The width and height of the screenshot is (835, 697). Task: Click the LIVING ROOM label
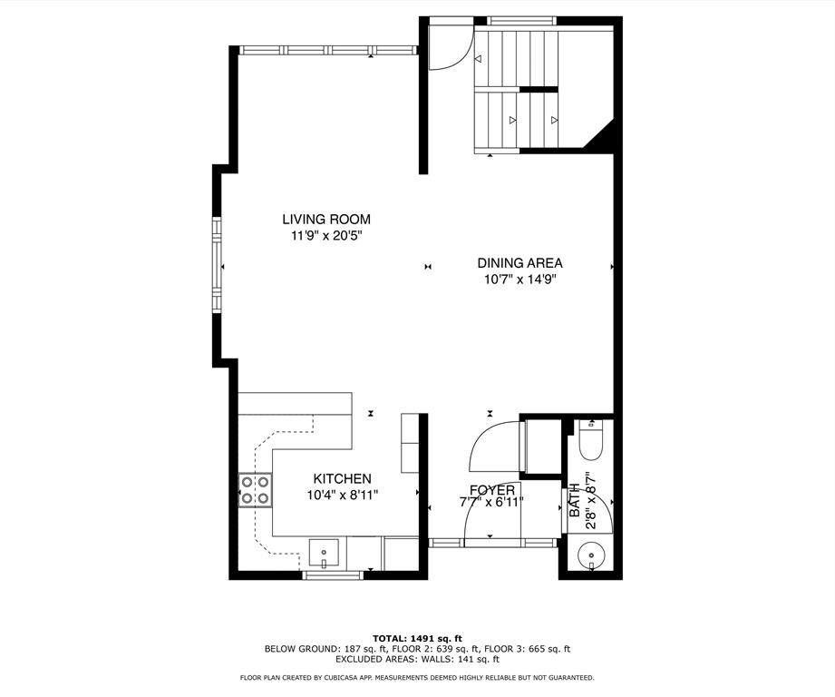pyautogui.click(x=326, y=219)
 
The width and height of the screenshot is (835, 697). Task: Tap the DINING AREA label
pyautogui.click(x=519, y=262)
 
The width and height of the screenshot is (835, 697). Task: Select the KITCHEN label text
pyautogui.click(x=342, y=478)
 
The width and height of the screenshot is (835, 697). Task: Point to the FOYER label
pyautogui.click(x=492, y=490)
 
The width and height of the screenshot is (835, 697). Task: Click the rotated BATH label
pyautogui.click(x=575, y=500)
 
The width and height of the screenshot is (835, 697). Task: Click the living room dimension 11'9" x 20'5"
pyautogui.click(x=326, y=236)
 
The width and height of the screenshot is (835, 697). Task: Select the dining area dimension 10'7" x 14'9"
pyautogui.click(x=519, y=280)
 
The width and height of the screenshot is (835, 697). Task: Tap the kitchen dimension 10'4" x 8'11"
pyautogui.click(x=343, y=495)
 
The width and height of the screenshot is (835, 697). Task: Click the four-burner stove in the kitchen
pyautogui.click(x=255, y=490)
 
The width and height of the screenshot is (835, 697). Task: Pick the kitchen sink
pyautogui.click(x=324, y=555)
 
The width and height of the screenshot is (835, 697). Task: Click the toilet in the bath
pyautogui.click(x=590, y=439)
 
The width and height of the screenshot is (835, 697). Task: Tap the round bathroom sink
pyautogui.click(x=591, y=555)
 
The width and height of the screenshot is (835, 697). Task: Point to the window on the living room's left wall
pyautogui.click(x=217, y=264)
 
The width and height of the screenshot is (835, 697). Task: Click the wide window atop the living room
pyautogui.click(x=327, y=50)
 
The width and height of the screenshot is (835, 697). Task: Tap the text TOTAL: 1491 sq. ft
pyautogui.click(x=417, y=638)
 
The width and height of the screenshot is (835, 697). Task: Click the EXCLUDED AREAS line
pyautogui.click(x=417, y=659)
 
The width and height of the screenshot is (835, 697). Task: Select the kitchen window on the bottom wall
pyautogui.click(x=333, y=575)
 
